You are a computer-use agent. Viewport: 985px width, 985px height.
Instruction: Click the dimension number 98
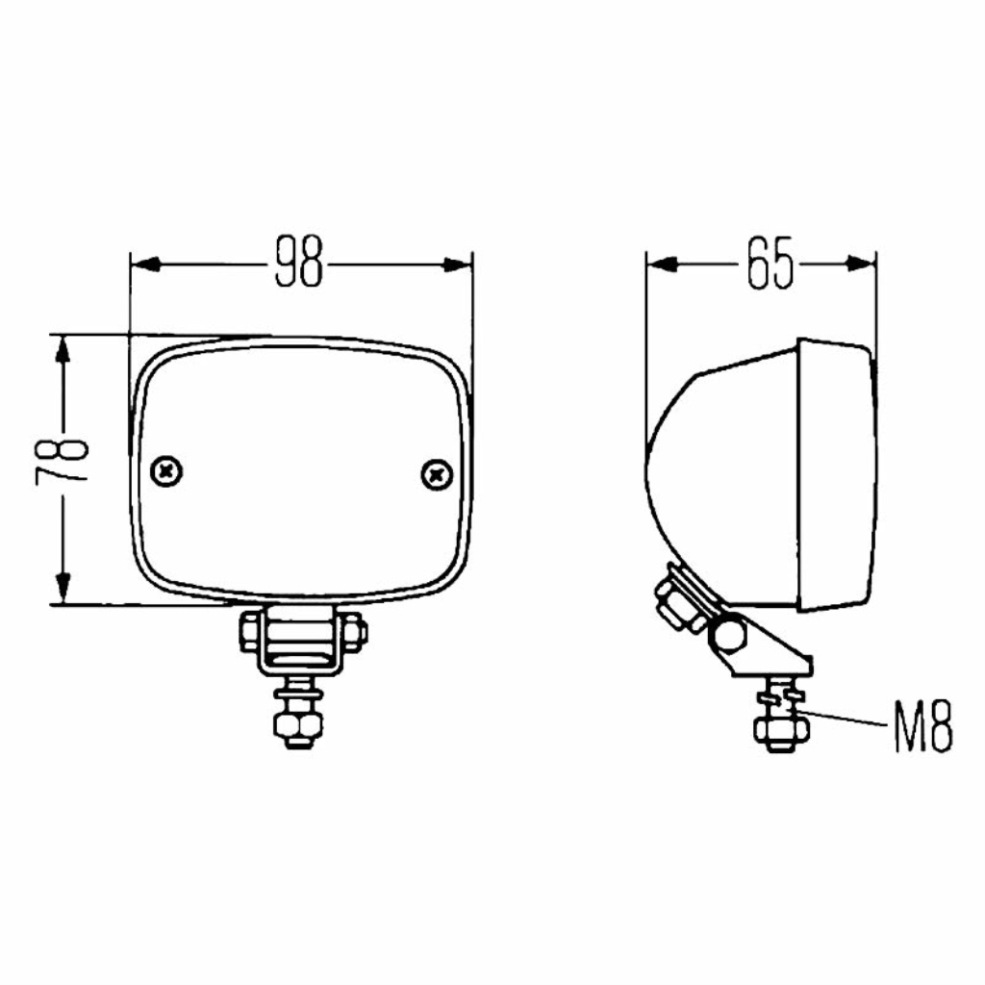[x=299, y=262]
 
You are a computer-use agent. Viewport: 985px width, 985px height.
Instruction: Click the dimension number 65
[x=770, y=263]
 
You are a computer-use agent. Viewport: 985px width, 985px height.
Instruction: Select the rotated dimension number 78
[x=62, y=462]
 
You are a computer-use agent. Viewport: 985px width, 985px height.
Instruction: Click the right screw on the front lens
[x=437, y=475]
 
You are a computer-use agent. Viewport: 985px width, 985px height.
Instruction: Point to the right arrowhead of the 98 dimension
[x=457, y=265]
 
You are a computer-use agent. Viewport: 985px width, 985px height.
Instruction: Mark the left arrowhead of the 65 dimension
[x=662, y=264]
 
